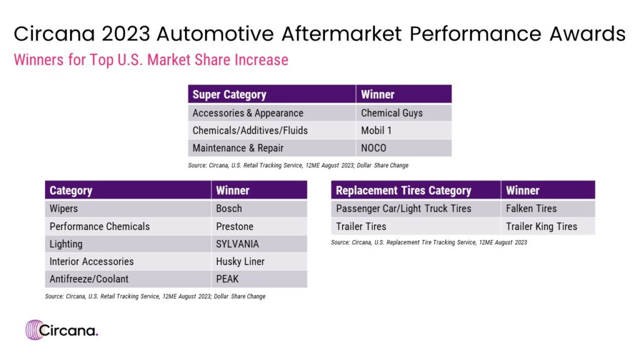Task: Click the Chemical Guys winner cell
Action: (404, 113)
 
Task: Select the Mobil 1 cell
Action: (404, 131)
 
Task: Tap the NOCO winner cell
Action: (404, 148)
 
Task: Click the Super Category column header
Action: (272, 94)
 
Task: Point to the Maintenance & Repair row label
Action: (272, 148)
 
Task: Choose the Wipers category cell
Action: (127, 209)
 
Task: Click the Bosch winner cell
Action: (259, 209)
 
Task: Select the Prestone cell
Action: (259, 226)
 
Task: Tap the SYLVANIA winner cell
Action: (259, 244)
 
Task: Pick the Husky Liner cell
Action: (259, 262)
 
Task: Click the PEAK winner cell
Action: (259, 279)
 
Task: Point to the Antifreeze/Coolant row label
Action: (127, 279)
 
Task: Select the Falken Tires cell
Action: (548, 209)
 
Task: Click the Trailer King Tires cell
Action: (548, 226)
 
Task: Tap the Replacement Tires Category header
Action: (416, 190)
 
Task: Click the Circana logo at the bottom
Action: (62, 330)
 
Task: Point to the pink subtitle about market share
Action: (151, 60)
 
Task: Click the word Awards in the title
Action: (587, 34)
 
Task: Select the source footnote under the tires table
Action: (429, 242)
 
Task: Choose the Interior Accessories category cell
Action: (127, 262)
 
